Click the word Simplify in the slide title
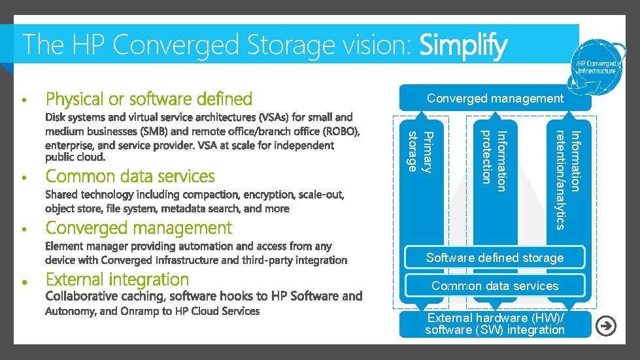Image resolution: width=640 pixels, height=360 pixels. click(463, 46)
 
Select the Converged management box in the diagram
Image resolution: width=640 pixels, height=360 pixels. click(494, 99)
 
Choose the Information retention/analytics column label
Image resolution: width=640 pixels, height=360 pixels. click(567, 180)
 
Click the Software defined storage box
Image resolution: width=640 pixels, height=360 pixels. click(494, 258)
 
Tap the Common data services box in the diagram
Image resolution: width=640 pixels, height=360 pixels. click(494, 286)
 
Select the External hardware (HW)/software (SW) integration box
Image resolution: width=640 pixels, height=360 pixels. click(494, 324)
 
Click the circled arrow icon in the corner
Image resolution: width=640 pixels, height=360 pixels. click(607, 326)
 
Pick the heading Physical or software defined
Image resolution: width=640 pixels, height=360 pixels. click(148, 99)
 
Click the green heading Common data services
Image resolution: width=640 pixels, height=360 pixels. click(130, 176)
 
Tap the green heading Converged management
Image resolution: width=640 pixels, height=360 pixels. click(139, 228)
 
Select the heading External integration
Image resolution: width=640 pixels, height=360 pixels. click(117, 280)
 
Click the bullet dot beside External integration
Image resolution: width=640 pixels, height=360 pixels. click(24, 282)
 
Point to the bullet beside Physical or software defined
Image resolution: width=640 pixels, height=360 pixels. click(24, 101)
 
